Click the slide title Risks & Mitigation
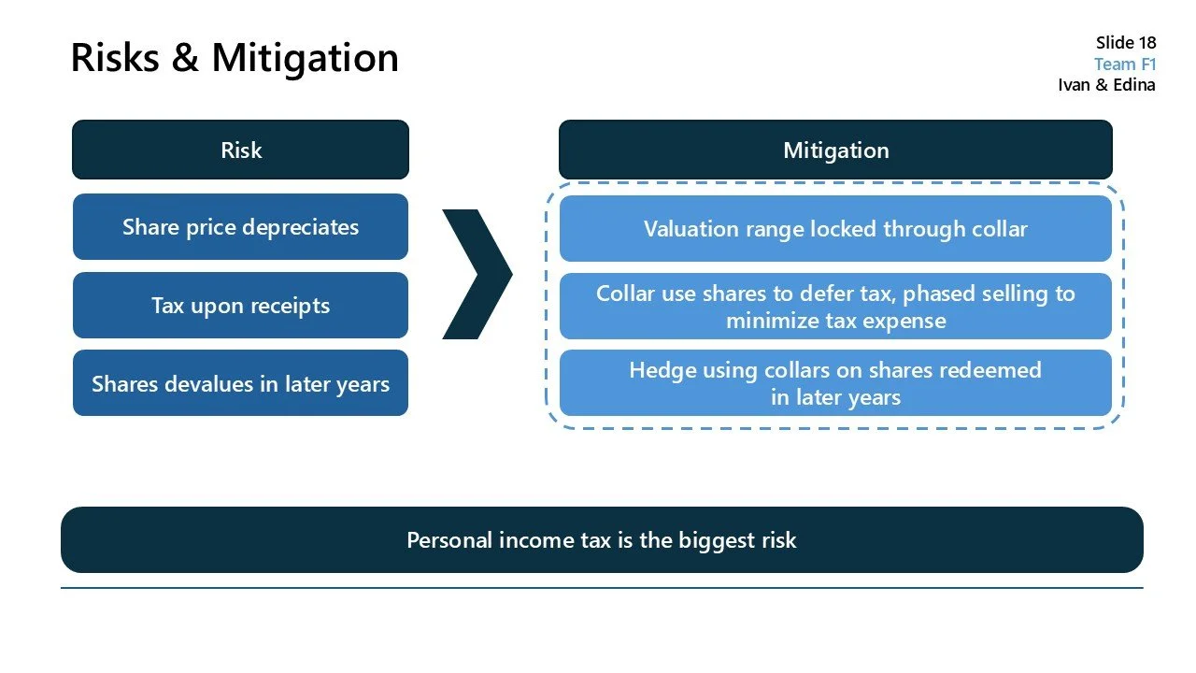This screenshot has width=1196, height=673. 235,57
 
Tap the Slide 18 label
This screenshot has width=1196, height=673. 1125,43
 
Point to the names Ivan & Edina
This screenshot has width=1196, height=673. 1106,85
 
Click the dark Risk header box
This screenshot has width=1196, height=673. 240,150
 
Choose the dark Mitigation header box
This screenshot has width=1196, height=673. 835,150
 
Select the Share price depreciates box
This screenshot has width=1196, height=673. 240,227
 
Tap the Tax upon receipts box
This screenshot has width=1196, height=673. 240,306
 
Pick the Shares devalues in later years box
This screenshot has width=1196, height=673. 240,383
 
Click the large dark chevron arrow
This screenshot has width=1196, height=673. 478,274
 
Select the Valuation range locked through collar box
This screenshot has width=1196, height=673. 835,229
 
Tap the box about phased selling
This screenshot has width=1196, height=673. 835,307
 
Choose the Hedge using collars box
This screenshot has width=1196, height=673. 835,383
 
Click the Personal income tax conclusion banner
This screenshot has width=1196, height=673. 602,540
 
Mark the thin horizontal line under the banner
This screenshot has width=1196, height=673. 602,588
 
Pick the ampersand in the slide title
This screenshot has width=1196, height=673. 185,58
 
